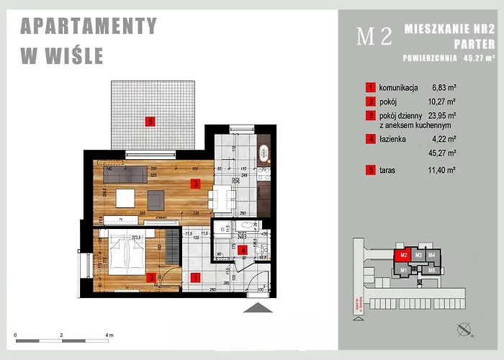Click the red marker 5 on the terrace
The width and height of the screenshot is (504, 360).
[x=149, y=121]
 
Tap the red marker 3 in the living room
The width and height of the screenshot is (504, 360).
[x=195, y=183]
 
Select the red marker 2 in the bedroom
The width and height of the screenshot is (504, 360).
[x=150, y=276]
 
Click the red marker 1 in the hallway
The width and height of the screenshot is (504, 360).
[x=194, y=275]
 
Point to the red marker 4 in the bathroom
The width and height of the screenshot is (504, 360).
[x=243, y=251]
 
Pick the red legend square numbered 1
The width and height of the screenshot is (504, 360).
[x=370, y=87]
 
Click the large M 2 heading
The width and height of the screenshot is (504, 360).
[x=374, y=37]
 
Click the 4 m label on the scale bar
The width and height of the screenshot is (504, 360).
[x=109, y=336]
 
